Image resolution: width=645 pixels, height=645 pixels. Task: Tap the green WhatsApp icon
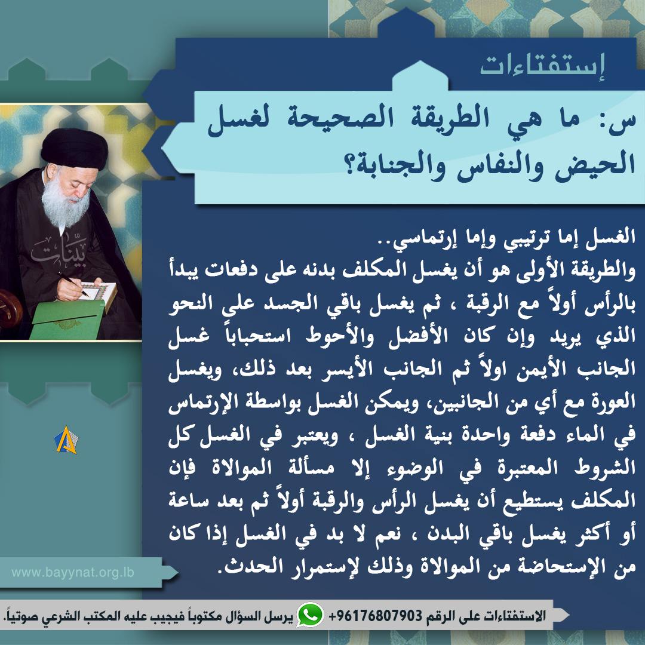(x=310, y=615)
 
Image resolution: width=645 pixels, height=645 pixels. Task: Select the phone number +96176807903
(x=376, y=615)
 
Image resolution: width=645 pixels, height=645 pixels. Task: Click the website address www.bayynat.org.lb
(x=73, y=572)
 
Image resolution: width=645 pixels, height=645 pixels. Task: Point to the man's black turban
(x=74, y=148)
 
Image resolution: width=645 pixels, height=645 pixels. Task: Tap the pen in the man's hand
(x=73, y=284)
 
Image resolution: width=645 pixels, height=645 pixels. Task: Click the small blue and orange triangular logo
(x=66, y=440)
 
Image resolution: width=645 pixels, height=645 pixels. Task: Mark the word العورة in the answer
(x=613, y=401)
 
